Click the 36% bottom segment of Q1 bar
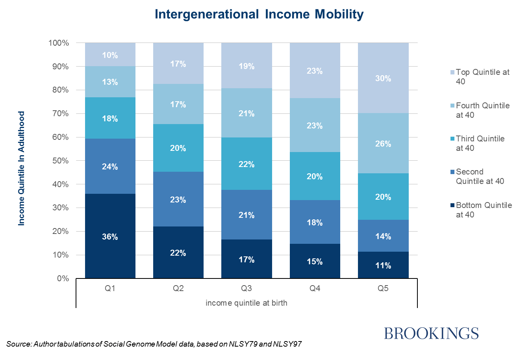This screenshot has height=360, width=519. point(110,236)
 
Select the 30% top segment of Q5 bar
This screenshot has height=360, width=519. point(383,78)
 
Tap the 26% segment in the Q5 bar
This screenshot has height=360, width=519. point(383,143)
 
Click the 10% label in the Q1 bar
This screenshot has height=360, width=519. point(110,55)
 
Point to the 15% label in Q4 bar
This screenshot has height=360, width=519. point(315,262)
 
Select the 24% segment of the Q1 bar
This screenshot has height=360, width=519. point(110,166)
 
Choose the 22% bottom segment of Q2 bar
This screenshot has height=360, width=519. point(178,252)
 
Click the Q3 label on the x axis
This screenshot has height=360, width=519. point(246,288)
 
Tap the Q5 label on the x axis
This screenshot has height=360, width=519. point(383,288)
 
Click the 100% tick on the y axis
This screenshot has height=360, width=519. point(59,43)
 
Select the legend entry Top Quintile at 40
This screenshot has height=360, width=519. point(482,77)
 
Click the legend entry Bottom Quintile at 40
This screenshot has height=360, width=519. point(484,210)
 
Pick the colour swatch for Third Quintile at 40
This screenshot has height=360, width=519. point(453,139)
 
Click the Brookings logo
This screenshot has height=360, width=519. point(431,333)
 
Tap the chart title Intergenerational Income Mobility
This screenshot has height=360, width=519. point(259,14)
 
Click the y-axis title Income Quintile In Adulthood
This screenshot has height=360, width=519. point(22,169)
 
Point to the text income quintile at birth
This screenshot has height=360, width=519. point(246,303)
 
